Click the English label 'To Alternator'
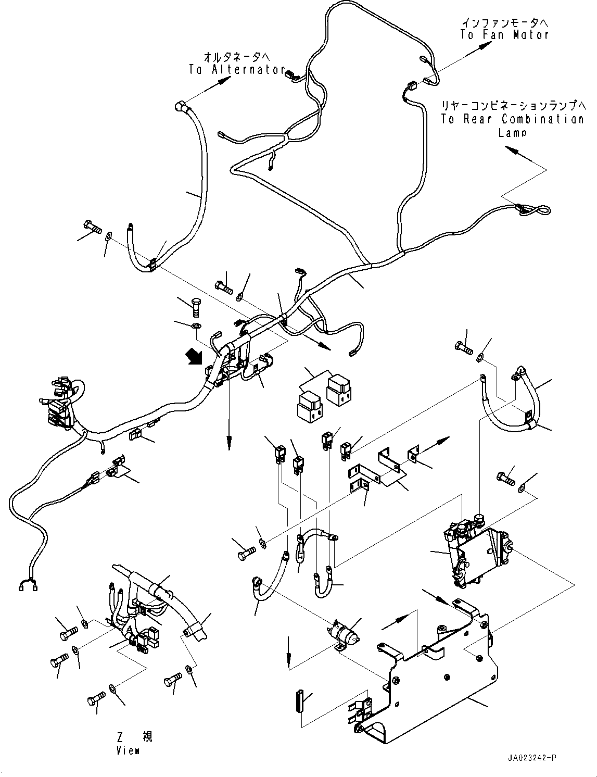pos(237,70)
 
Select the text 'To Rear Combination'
pos(512,119)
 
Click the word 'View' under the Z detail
pos(128,750)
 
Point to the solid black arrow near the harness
pos(194,358)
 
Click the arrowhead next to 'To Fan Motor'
pos(485,45)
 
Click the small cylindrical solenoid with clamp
pos(344,633)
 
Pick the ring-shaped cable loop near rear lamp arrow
pos(535,210)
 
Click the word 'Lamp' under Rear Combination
pos(512,133)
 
